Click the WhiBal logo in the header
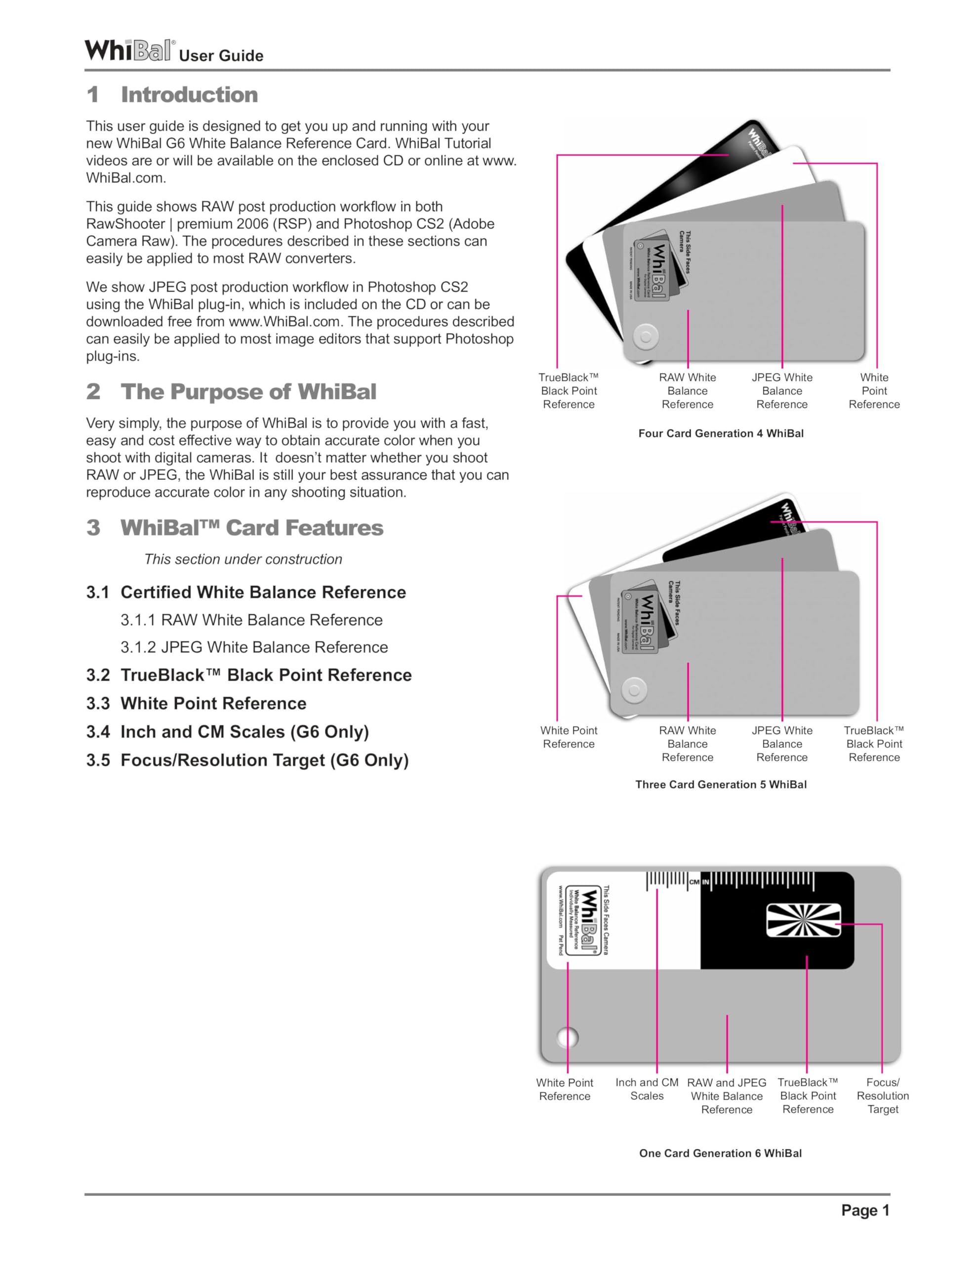point(128,50)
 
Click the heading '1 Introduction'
point(172,95)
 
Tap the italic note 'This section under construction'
point(243,559)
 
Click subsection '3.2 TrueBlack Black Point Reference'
point(248,675)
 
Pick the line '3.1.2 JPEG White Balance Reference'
point(254,647)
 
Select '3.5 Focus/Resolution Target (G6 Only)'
point(247,760)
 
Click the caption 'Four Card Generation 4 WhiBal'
point(721,434)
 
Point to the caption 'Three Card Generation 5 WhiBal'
point(721,785)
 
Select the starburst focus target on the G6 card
point(803,921)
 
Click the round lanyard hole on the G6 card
point(567,1037)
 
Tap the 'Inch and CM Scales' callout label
point(647,1089)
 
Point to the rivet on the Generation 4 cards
point(645,337)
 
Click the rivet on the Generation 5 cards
point(634,690)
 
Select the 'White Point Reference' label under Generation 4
point(873,391)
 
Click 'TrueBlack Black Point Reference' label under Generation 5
point(873,744)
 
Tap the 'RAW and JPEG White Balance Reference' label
point(726,1096)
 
